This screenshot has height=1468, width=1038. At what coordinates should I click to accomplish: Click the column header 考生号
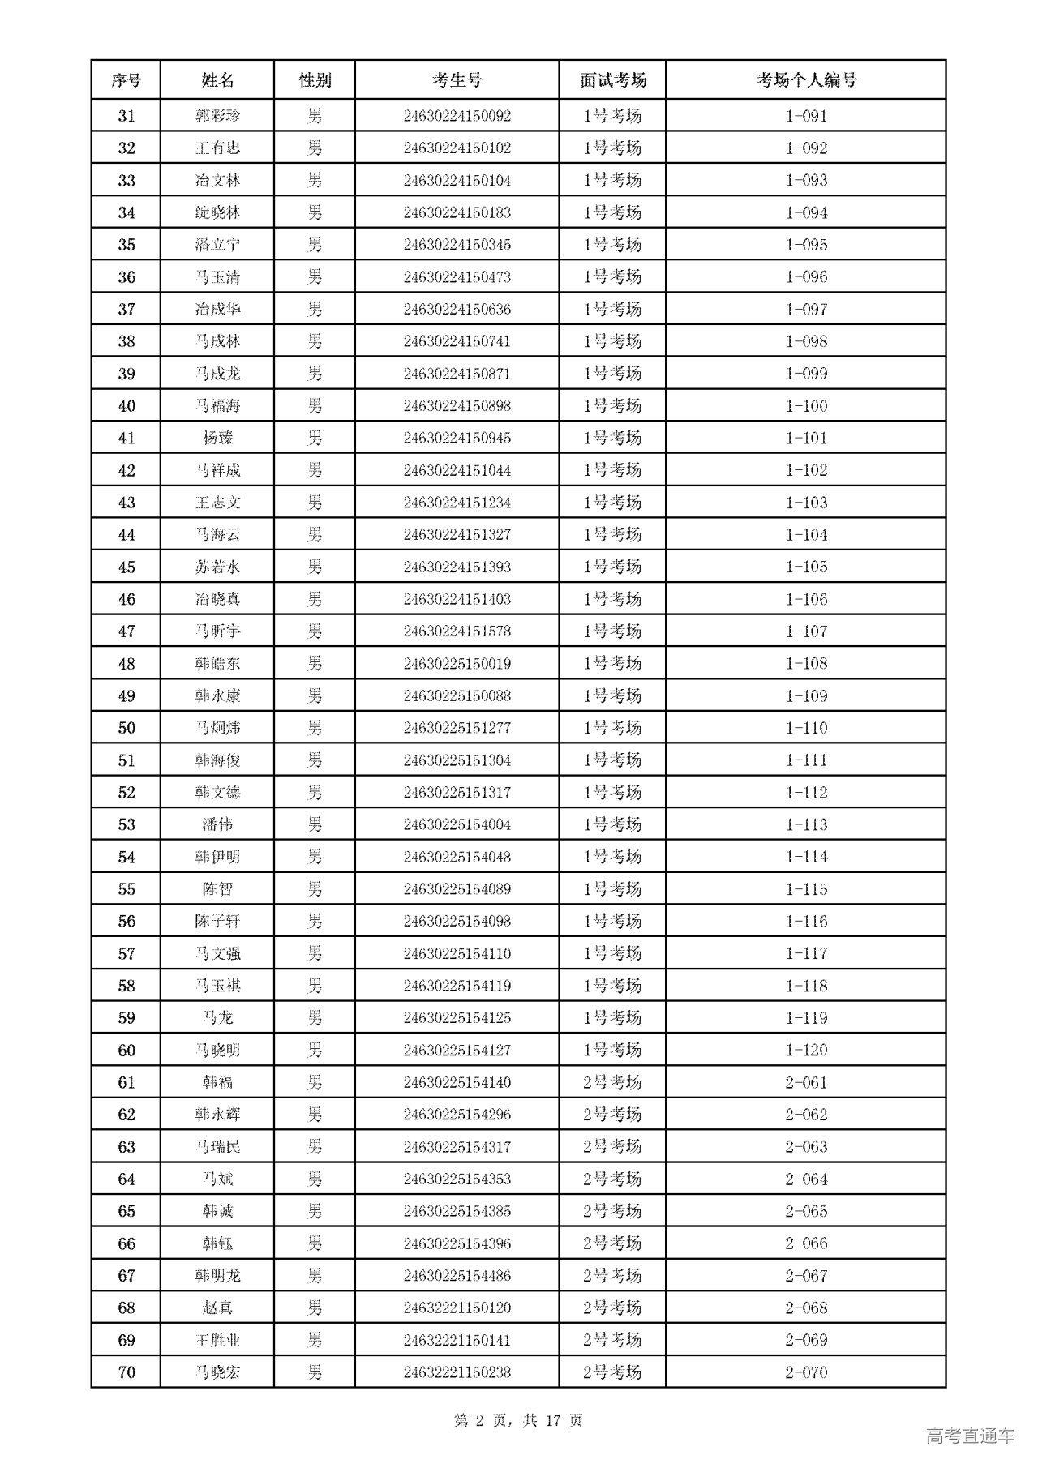(457, 80)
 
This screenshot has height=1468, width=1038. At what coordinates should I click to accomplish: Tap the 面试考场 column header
(612, 80)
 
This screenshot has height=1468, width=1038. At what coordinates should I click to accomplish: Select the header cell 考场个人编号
(806, 80)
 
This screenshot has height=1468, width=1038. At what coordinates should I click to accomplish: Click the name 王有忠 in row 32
(217, 148)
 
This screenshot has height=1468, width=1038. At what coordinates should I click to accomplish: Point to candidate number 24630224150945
(457, 439)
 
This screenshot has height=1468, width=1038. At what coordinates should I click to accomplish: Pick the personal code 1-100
(806, 406)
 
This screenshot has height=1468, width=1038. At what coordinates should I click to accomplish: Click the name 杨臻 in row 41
(217, 439)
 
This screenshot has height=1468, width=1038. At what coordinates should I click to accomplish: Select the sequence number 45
(127, 567)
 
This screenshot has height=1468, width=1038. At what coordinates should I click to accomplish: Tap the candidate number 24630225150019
(457, 664)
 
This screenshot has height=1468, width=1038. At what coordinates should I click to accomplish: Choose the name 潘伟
(217, 825)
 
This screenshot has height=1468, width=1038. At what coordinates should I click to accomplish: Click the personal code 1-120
(806, 1051)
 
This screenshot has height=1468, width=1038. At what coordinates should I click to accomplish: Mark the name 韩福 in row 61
(217, 1083)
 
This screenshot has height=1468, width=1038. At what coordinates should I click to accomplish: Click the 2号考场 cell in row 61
(612, 1083)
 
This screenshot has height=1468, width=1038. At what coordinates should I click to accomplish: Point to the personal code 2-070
(806, 1372)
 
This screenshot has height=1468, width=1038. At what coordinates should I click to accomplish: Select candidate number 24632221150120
(457, 1308)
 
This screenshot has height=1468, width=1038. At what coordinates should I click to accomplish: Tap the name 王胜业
(217, 1341)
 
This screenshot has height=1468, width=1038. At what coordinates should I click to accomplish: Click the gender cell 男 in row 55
(315, 889)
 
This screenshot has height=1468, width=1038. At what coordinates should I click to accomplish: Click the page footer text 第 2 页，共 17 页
(518, 1420)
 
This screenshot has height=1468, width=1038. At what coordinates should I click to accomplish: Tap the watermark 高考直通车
(970, 1436)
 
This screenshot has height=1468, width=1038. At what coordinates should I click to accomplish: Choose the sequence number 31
(127, 116)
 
